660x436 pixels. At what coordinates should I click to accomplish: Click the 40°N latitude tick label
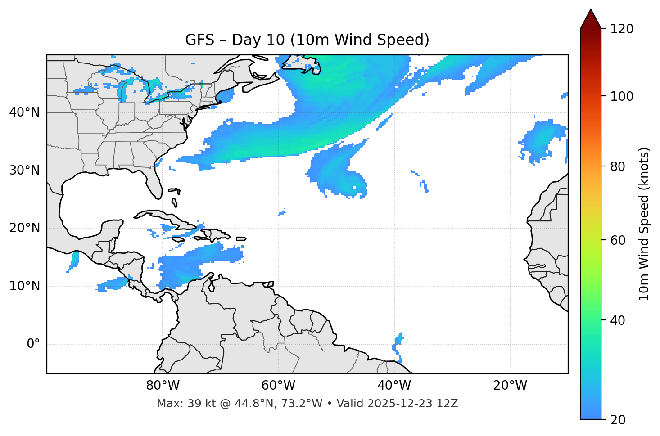coord(24,112)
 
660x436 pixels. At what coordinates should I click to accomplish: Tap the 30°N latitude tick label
coord(24,171)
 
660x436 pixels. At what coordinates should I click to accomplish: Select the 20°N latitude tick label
coord(24,228)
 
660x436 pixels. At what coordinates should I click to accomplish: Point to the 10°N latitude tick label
coord(24,286)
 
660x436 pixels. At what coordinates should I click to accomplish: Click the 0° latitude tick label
coord(33,344)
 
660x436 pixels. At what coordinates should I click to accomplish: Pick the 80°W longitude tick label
coord(163,386)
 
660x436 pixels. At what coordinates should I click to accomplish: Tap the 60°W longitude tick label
coord(278,386)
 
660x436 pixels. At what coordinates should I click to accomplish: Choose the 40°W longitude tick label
coord(394,386)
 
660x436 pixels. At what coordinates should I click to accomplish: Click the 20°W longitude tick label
coord(510,386)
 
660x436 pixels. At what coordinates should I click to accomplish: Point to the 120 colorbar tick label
coord(622,29)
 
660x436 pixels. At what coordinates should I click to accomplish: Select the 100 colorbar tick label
coord(622,96)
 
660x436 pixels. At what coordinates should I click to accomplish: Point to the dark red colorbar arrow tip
coord(591,11)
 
